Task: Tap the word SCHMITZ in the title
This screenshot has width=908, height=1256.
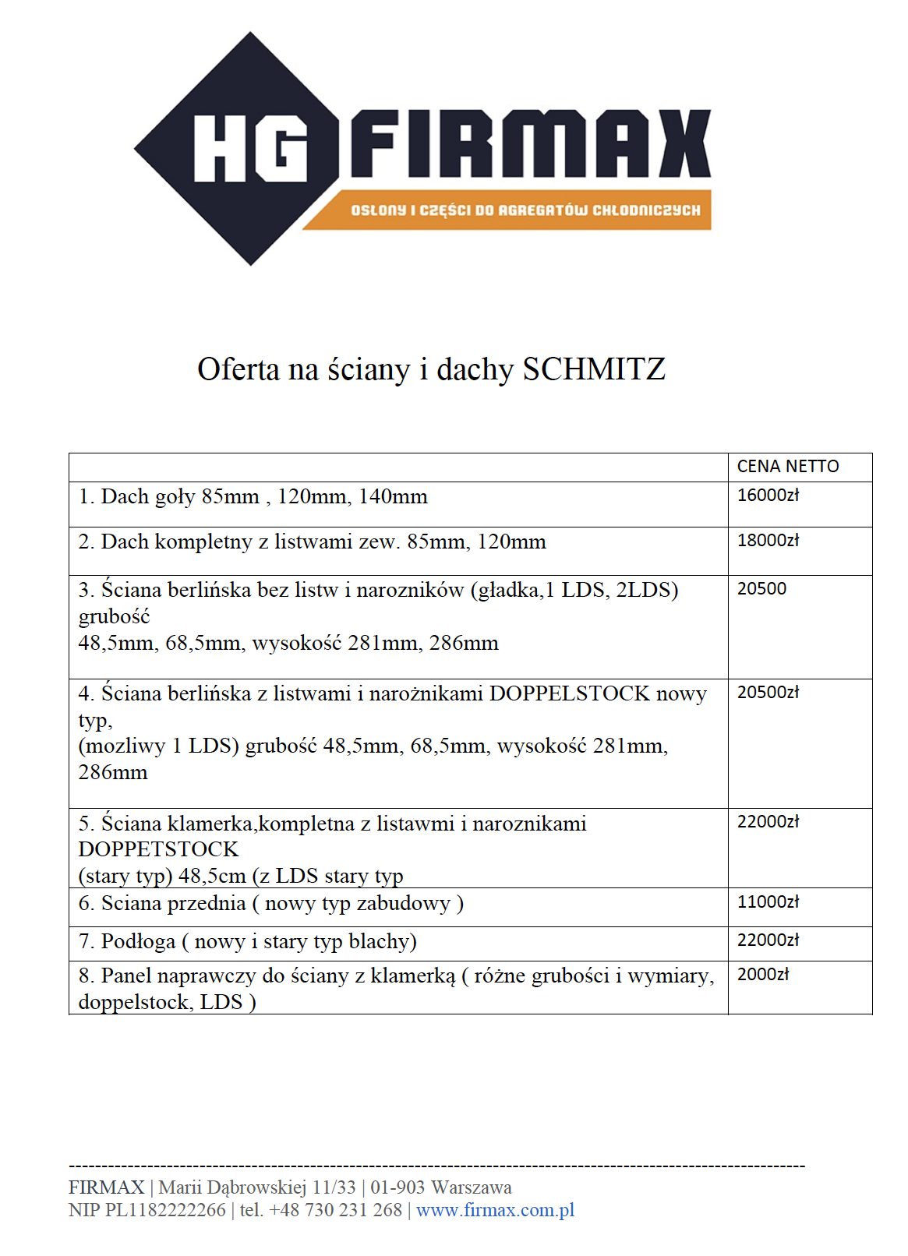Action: click(594, 369)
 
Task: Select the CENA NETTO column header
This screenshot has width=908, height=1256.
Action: click(788, 467)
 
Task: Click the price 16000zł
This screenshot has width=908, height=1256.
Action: click(768, 496)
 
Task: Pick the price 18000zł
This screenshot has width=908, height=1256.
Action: click(768, 541)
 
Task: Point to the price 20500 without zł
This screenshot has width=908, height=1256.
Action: click(761, 589)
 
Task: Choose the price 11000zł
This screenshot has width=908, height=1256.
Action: click(768, 902)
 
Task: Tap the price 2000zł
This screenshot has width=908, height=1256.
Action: click(763, 975)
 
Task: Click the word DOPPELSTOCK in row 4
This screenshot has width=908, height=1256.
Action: click(569, 693)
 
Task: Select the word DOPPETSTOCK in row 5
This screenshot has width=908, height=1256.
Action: click(158, 849)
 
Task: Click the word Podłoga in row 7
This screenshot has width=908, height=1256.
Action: click(138, 942)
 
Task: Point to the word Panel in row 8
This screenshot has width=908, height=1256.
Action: click(128, 976)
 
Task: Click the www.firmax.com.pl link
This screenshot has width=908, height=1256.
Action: click(495, 1210)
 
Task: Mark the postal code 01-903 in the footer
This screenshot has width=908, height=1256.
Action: click(397, 1187)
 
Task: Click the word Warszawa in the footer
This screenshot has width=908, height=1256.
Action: click(472, 1187)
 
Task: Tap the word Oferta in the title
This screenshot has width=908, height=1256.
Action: click(238, 369)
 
